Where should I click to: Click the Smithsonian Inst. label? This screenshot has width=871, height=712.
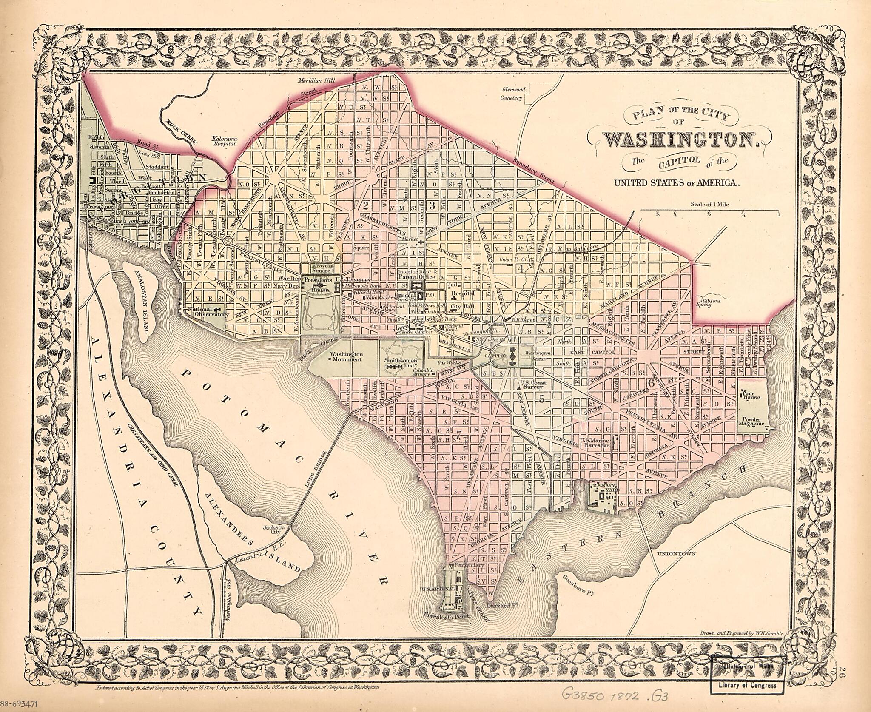pyautogui.click(x=399, y=359)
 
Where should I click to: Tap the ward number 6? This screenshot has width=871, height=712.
pyautogui.click(x=650, y=383)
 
